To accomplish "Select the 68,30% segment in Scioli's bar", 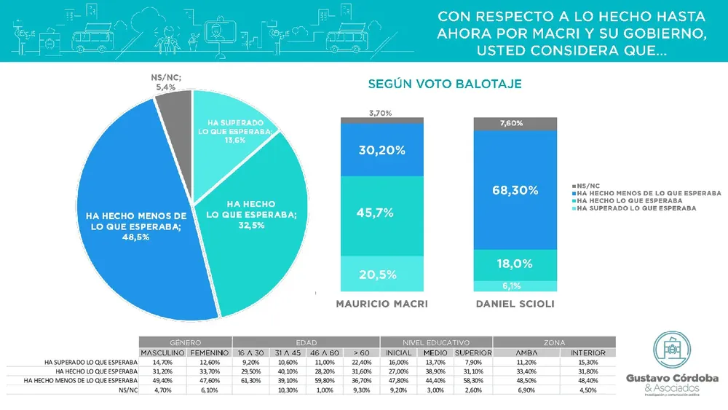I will click(x=515, y=190).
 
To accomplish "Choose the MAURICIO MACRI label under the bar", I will click(x=382, y=303).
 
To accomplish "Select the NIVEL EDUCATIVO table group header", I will click(x=436, y=342).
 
